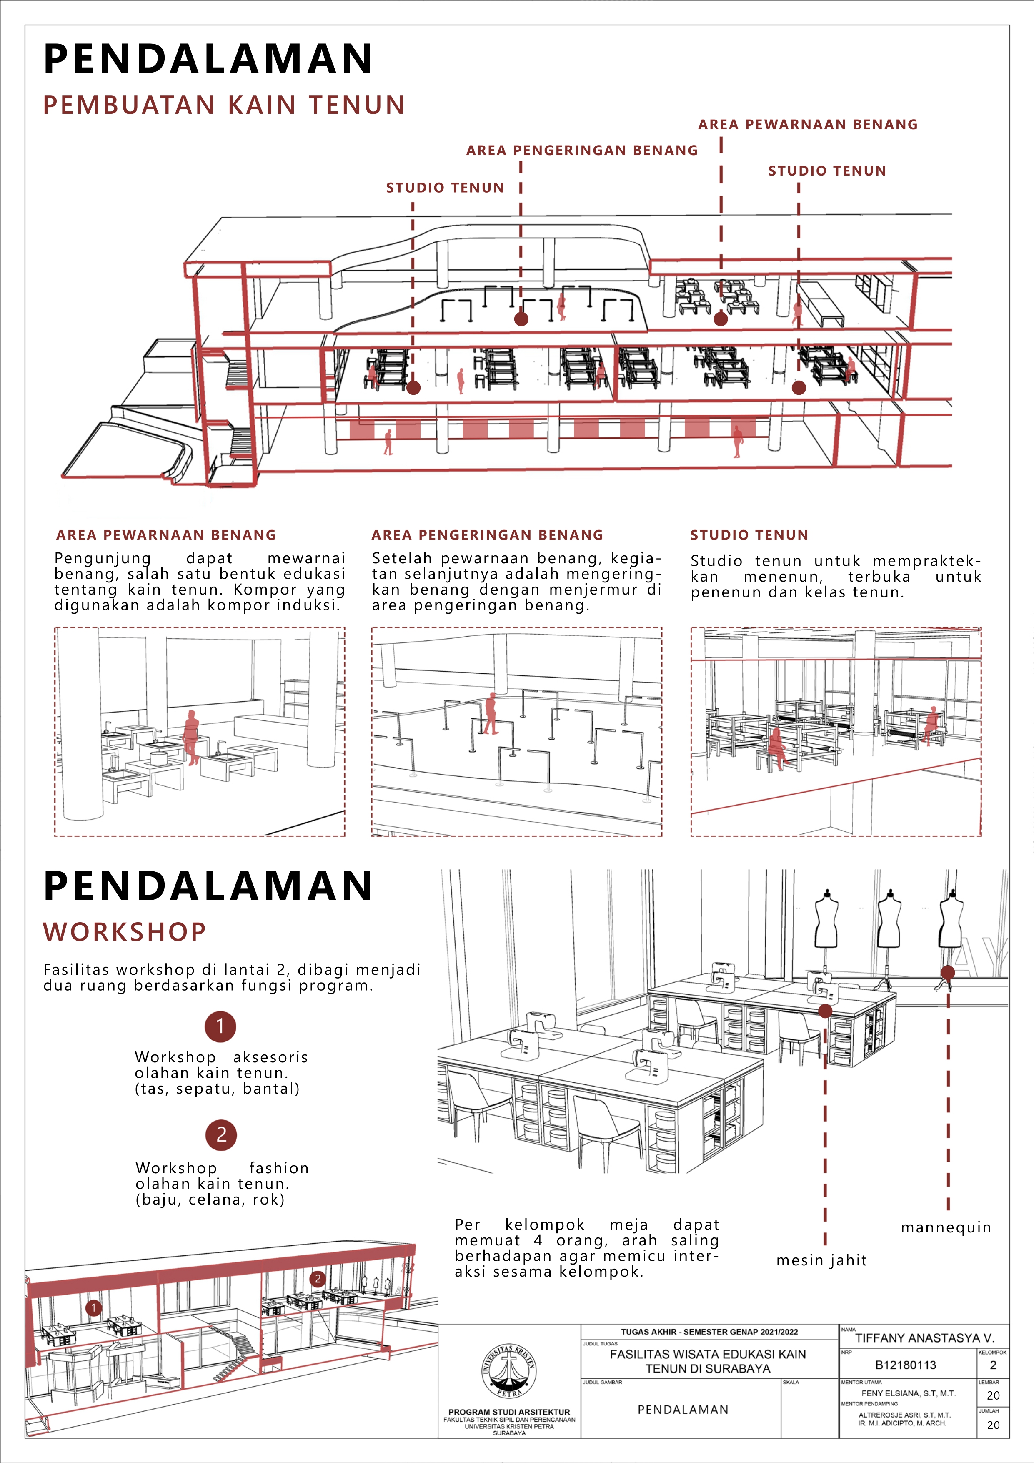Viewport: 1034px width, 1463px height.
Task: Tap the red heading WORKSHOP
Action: (x=125, y=931)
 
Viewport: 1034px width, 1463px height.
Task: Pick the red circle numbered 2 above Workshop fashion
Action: (x=221, y=1135)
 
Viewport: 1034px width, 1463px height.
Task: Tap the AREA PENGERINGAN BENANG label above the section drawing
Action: (x=582, y=151)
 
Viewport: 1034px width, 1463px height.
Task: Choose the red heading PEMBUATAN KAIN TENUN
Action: (x=224, y=105)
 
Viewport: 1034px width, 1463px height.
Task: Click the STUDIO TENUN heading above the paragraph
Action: (x=749, y=535)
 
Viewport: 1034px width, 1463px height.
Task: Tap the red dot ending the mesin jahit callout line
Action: (x=825, y=1011)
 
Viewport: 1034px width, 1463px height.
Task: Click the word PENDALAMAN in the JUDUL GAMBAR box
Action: (x=683, y=1410)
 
